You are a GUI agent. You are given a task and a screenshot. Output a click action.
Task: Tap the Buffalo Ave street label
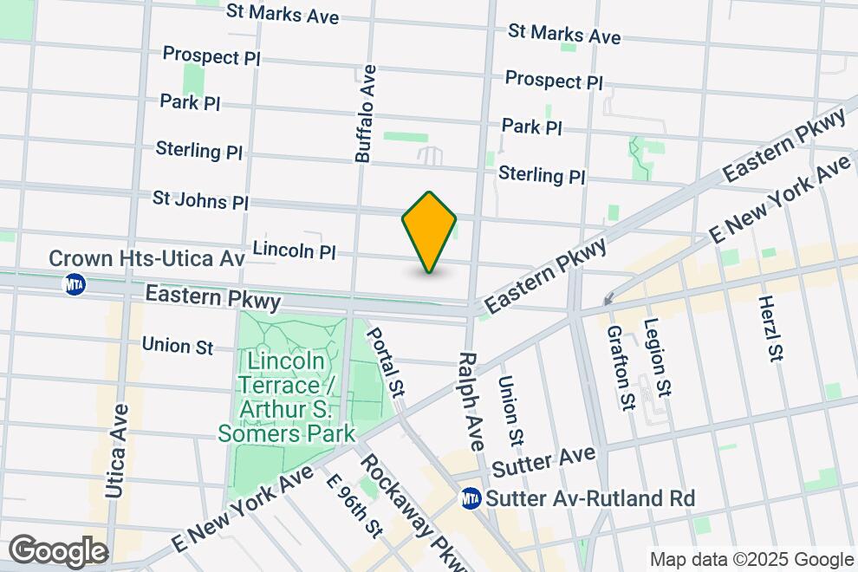click(367, 113)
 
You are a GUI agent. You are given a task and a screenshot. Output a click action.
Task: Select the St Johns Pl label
click(200, 199)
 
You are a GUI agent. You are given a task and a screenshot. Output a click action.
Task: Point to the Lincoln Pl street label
click(294, 251)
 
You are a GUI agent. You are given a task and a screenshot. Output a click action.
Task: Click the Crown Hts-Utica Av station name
click(146, 258)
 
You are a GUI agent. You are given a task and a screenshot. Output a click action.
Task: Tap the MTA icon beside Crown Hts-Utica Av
click(75, 283)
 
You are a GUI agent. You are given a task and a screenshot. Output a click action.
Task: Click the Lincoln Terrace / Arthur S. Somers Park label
click(287, 396)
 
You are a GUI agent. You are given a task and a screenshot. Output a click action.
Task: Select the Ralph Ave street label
click(469, 400)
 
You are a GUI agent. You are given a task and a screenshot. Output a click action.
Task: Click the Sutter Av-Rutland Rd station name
click(590, 499)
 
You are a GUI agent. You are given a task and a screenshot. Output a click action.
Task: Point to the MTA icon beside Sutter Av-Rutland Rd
click(471, 498)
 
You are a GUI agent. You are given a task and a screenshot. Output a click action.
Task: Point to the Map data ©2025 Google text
click(751, 560)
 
